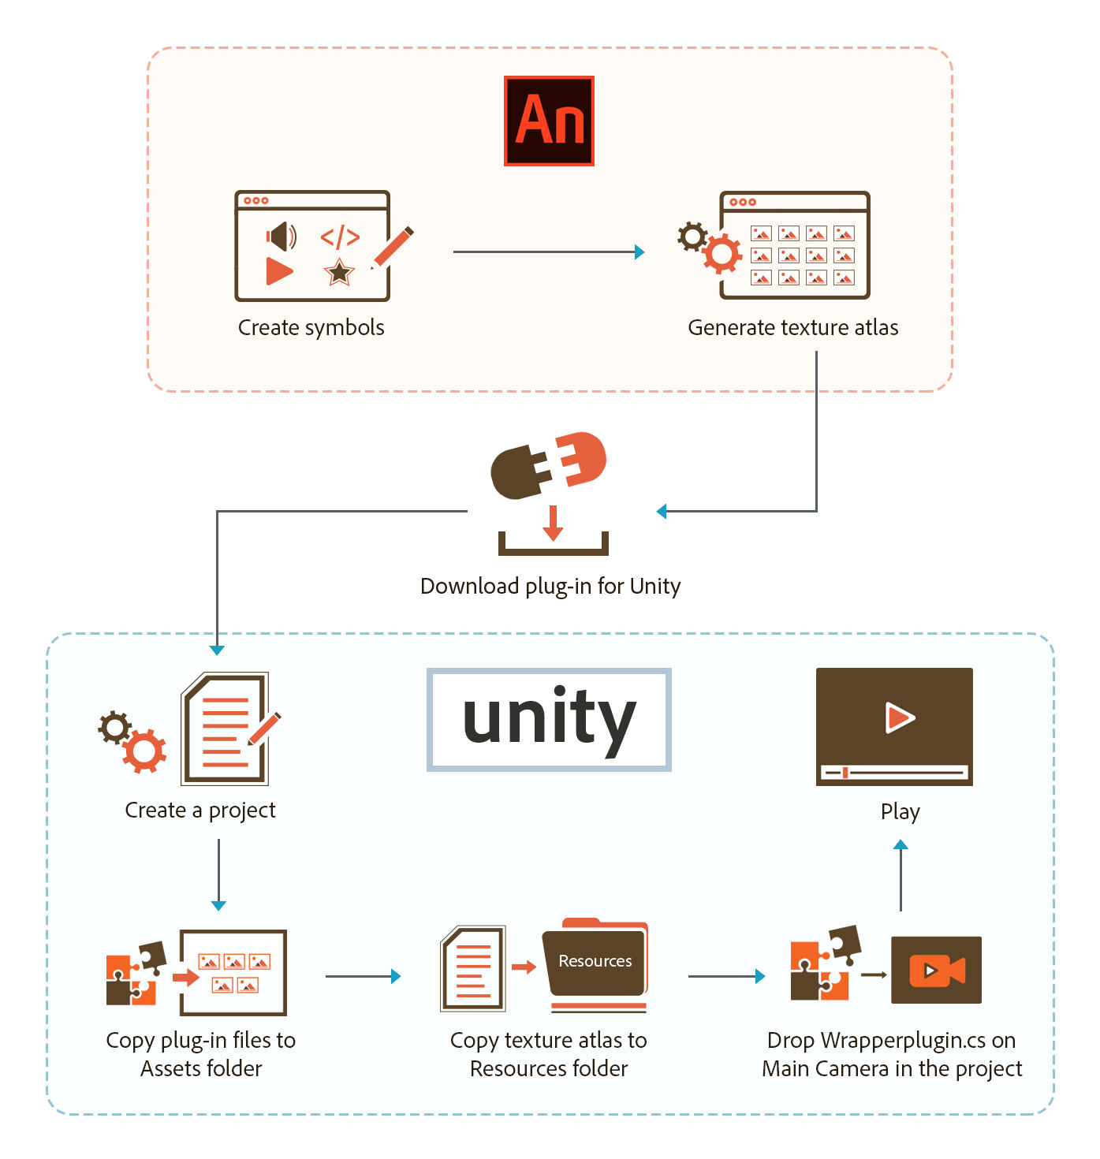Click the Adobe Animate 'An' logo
pyautogui.click(x=549, y=121)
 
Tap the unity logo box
pyautogui.click(x=549, y=719)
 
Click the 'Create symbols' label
pyautogui.click(x=311, y=327)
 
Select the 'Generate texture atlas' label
pyautogui.click(x=792, y=327)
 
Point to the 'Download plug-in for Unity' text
pyautogui.click(x=550, y=586)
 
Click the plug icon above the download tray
pyautogui.click(x=548, y=464)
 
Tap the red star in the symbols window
pyautogui.click(x=339, y=273)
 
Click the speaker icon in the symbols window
pyautogui.click(x=281, y=236)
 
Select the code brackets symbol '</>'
pyautogui.click(x=340, y=237)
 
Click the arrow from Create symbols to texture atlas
pyautogui.click(x=548, y=252)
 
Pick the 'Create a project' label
pyautogui.click(x=200, y=811)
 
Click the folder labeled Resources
pyautogui.click(x=595, y=962)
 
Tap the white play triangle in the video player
pyautogui.click(x=900, y=717)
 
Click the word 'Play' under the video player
pyautogui.click(x=900, y=811)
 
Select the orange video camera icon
pyautogui.click(x=937, y=970)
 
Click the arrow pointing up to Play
pyautogui.click(x=901, y=875)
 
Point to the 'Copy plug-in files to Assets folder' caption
pyautogui.click(x=201, y=1054)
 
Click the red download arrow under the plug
pyautogui.click(x=553, y=524)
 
